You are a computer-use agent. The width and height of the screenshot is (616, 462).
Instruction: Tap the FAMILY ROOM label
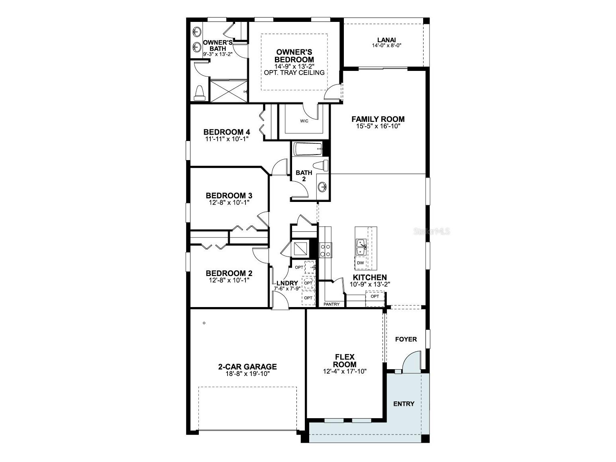[x=378, y=119]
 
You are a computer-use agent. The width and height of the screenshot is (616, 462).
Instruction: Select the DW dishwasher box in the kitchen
[x=361, y=263]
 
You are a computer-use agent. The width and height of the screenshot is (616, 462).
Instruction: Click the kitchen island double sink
[x=361, y=247]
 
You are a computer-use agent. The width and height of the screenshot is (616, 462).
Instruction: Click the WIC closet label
[x=304, y=121]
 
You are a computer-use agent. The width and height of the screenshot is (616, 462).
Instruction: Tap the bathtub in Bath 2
[x=308, y=149]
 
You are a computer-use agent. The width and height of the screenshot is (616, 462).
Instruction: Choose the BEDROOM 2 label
[x=229, y=274]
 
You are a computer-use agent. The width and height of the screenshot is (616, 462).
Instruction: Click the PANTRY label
[x=332, y=304]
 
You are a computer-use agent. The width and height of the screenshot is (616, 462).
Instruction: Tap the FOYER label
[x=406, y=339]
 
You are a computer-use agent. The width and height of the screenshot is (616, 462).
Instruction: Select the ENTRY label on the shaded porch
[x=404, y=404]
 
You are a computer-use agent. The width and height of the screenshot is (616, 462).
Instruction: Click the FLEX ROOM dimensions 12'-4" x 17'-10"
[x=345, y=371]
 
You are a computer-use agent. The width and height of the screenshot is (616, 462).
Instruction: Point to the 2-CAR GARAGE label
[x=247, y=367]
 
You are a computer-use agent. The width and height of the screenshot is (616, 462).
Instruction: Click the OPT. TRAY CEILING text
[x=294, y=72]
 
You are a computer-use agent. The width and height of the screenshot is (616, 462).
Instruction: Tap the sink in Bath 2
[x=323, y=186]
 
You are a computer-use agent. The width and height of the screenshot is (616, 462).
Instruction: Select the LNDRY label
[x=287, y=283]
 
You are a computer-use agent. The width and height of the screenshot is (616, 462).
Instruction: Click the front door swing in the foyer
[x=411, y=362]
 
